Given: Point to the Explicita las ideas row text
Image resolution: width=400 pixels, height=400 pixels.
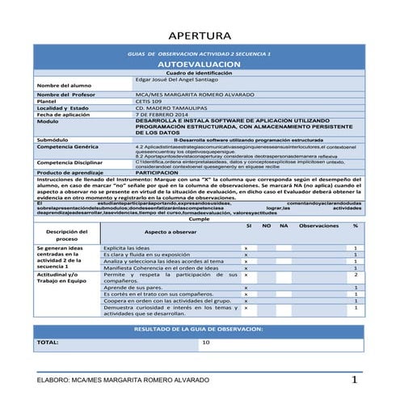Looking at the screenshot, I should pos(128,247).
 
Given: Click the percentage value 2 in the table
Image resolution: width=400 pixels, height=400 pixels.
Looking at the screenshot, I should pos(355,276).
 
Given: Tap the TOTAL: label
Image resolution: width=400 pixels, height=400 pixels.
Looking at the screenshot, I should pos(48,342).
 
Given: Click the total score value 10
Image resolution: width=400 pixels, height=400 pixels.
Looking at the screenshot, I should pos(206,342).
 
